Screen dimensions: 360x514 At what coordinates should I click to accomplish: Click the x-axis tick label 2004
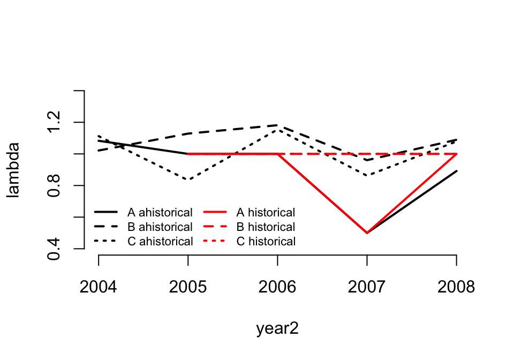pyautogui.click(x=99, y=288)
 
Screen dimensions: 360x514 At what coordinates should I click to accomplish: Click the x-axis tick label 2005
pyautogui.click(x=188, y=288)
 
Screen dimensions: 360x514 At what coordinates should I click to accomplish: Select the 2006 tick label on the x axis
pyautogui.click(x=277, y=288)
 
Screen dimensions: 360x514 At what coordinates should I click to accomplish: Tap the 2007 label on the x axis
pyautogui.click(x=367, y=288)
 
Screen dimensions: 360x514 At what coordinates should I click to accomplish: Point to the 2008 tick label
pyautogui.click(x=456, y=288)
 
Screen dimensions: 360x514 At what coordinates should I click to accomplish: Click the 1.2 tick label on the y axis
pyautogui.click(x=54, y=123)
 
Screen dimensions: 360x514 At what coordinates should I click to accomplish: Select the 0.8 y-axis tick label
pyautogui.click(x=54, y=185)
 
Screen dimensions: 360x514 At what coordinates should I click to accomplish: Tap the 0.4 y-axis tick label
pyautogui.click(x=54, y=249)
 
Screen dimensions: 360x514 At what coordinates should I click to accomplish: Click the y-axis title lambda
pyautogui.click(x=13, y=170)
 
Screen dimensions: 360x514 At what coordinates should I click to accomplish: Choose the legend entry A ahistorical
pyautogui.click(x=160, y=213)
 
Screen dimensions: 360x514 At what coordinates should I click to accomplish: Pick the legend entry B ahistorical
pyautogui.click(x=160, y=227)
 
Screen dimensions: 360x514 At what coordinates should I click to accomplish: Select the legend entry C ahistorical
pyautogui.click(x=160, y=242)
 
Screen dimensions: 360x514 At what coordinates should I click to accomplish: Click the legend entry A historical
pyautogui.click(x=266, y=213)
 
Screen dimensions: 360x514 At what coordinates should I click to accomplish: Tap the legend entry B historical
pyautogui.click(x=266, y=227)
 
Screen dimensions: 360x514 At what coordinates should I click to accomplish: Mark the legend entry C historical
pyautogui.click(x=266, y=242)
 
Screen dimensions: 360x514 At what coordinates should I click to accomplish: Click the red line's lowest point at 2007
pyautogui.click(x=367, y=233)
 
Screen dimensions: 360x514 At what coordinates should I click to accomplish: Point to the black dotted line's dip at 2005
pyautogui.click(x=188, y=180)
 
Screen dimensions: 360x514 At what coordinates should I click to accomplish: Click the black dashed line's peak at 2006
pyautogui.click(x=277, y=125)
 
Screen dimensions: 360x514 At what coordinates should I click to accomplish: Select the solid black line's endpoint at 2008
pyautogui.click(x=456, y=171)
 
